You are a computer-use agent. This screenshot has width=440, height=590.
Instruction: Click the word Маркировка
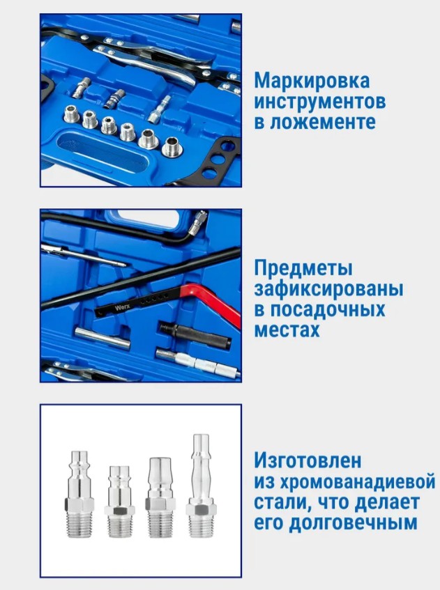312,81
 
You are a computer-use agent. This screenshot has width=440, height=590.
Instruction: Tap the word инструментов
320,102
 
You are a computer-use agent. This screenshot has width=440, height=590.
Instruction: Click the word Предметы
303,269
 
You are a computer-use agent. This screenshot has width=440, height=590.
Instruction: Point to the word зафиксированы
328,289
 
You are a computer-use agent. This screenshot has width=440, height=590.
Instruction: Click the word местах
287,330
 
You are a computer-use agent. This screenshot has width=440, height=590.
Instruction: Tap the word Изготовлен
308,461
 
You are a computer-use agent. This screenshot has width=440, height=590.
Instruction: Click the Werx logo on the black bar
123,307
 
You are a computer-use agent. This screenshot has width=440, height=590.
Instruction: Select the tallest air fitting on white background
201,486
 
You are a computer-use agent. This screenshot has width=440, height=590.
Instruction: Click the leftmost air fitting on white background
79,494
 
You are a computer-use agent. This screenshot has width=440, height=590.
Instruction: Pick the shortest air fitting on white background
119,502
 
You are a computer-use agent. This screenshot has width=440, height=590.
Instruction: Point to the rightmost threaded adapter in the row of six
172,147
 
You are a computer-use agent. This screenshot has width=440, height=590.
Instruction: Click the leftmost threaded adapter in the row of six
72,114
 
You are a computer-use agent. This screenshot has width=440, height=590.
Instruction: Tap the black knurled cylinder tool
195,335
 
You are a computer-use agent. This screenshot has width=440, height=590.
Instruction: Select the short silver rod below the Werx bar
103,337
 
